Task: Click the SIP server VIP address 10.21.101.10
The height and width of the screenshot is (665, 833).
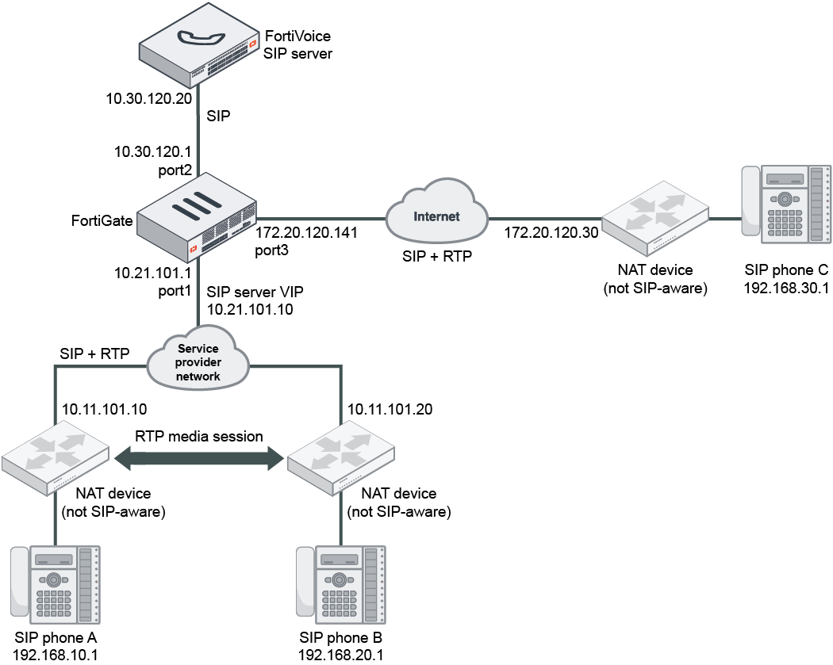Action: point(250,309)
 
